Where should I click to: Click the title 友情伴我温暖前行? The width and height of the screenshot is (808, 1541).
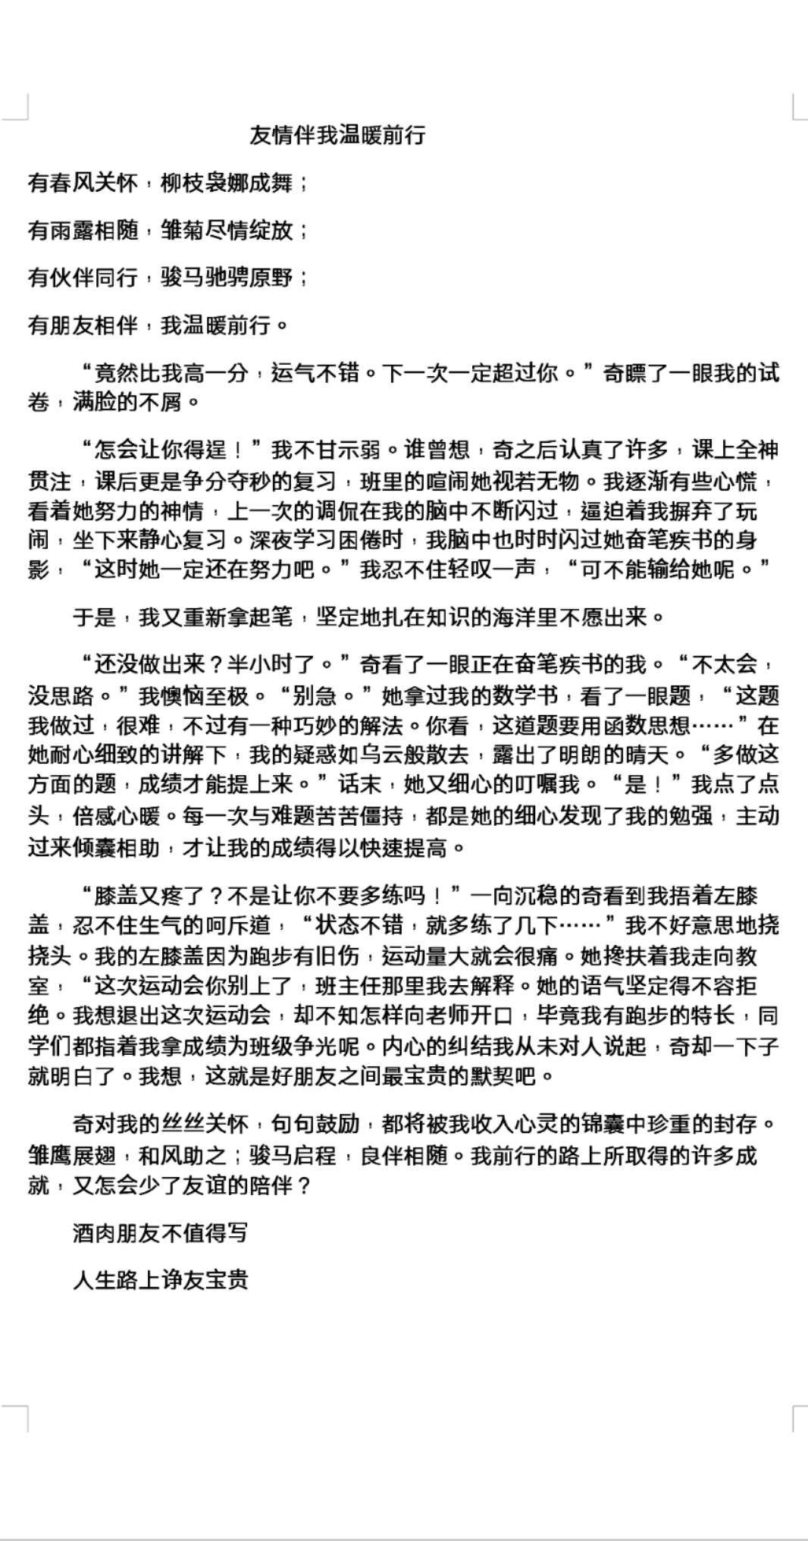pos(337,136)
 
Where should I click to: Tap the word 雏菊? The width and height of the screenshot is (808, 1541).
pos(183,230)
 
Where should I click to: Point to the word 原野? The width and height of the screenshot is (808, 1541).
pos(271,278)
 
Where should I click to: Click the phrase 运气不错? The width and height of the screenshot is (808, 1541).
pos(315,372)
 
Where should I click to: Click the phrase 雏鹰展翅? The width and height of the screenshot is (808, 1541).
pos(73,1155)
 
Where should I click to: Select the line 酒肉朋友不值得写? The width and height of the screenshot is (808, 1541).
pos(160,1233)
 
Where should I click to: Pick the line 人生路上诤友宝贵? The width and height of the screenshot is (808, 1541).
pos(160,1280)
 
